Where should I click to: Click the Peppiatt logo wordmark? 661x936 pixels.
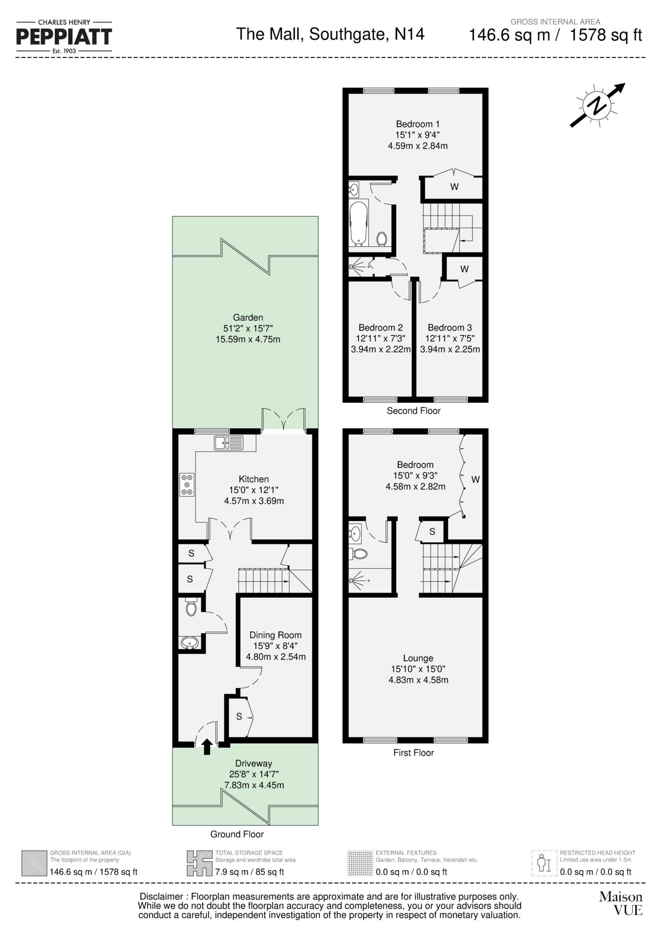click(64, 37)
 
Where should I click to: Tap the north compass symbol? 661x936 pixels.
click(598, 106)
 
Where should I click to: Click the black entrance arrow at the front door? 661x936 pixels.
click(206, 746)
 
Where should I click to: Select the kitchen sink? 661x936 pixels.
click(228, 442)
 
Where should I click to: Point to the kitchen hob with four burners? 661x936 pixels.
click(187, 484)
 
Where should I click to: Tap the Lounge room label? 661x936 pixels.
click(418, 658)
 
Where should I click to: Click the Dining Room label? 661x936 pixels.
click(275, 635)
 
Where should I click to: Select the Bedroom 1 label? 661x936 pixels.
click(418, 124)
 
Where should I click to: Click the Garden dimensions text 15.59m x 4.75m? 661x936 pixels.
click(248, 339)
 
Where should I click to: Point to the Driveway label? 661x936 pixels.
click(254, 763)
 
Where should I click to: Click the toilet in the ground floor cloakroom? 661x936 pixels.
click(191, 607)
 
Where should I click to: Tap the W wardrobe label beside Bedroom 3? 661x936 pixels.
click(464, 269)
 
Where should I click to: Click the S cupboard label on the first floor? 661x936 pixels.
click(432, 532)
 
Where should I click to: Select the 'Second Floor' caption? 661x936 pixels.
click(413, 410)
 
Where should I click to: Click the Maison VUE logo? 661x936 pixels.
click(621, 903)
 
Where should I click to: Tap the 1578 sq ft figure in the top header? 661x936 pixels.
click(606, 35)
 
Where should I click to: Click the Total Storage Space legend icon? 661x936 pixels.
click(200, 863)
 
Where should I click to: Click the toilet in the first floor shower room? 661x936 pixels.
click(360, 554)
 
